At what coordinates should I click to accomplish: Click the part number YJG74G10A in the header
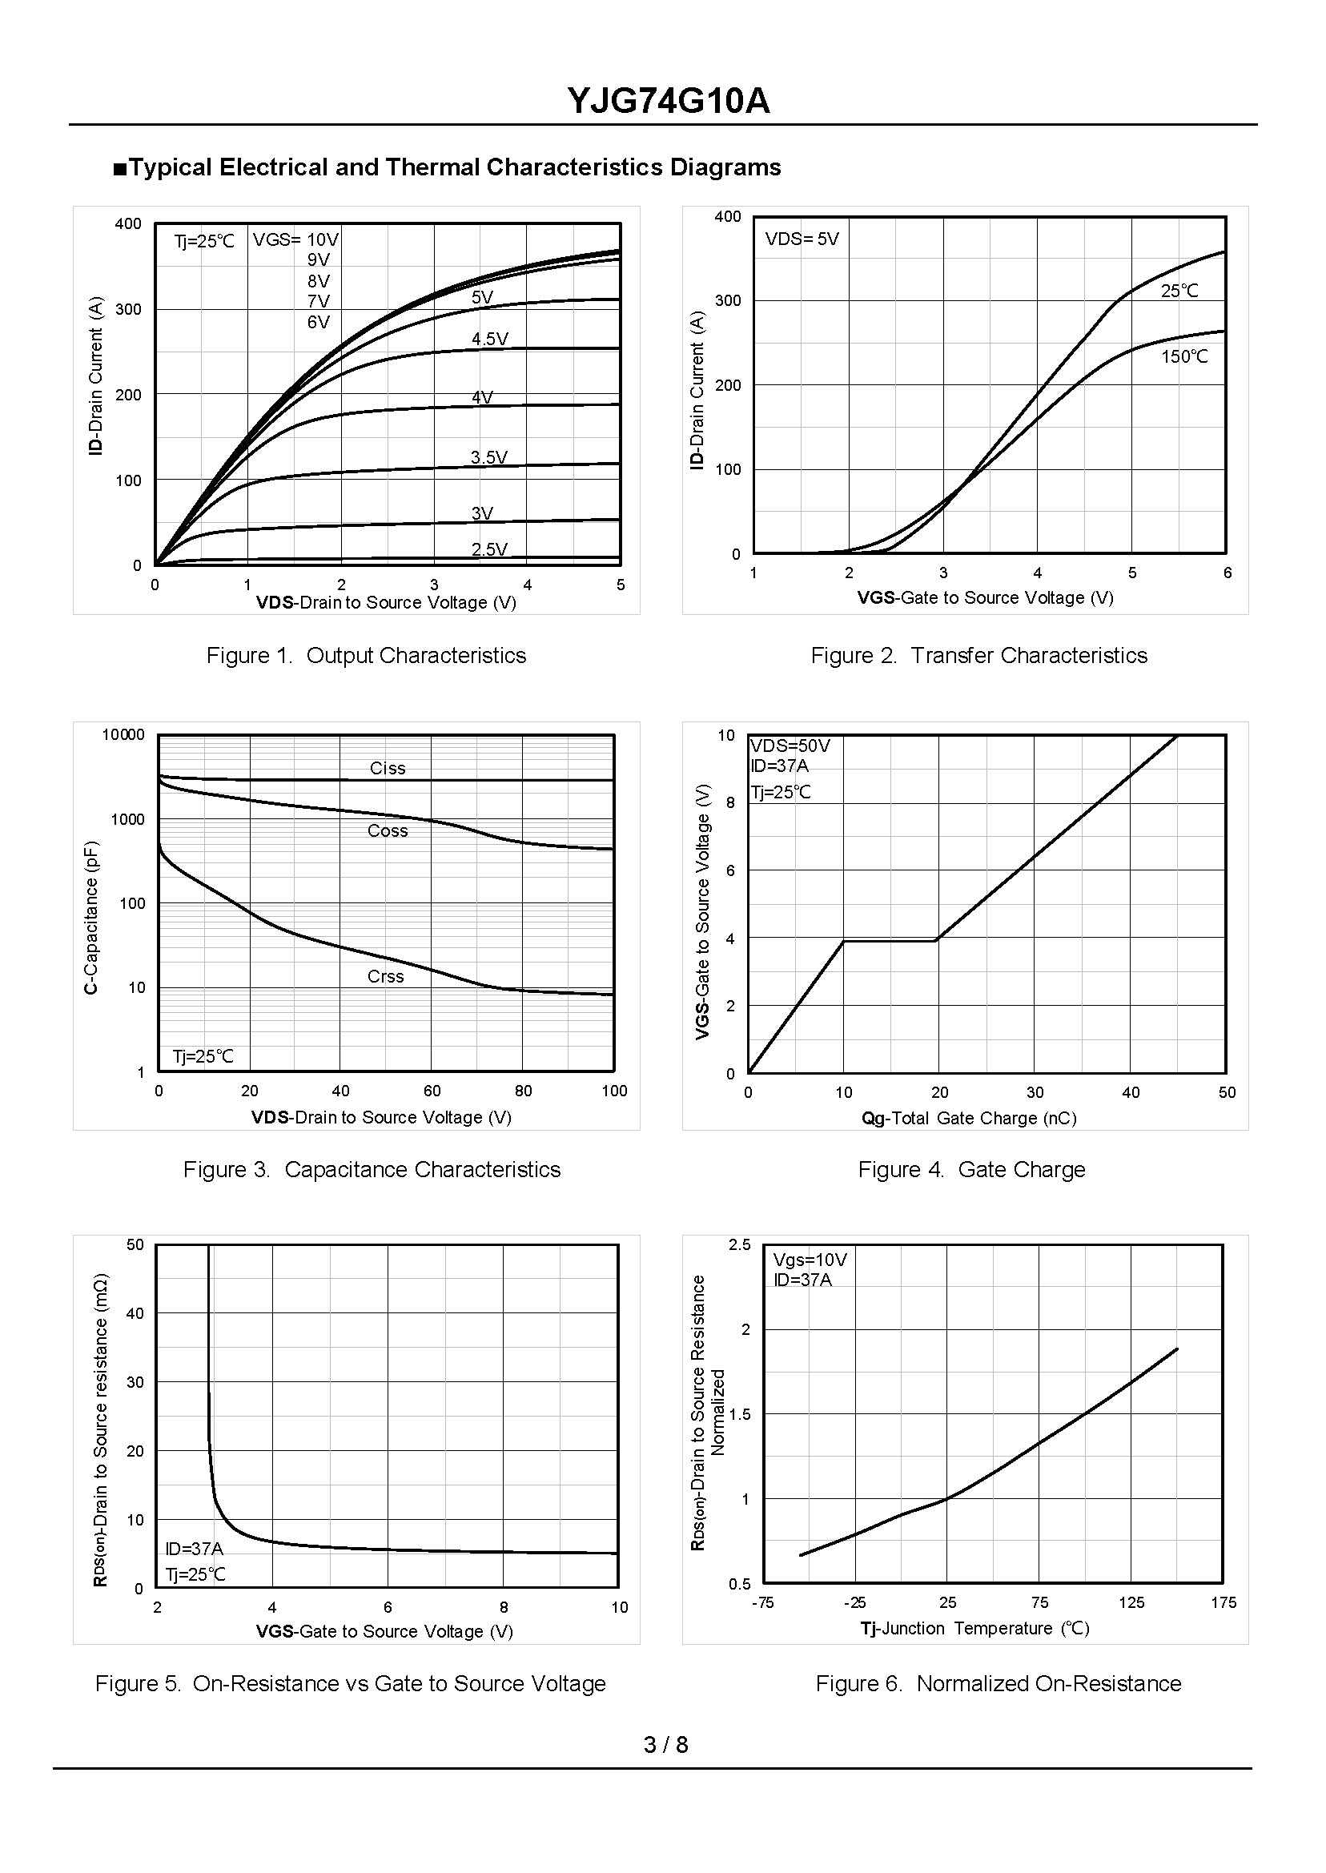coord(668,102)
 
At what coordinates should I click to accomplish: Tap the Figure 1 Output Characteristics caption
coord(366,655)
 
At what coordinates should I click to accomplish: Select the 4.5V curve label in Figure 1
coord(490,339)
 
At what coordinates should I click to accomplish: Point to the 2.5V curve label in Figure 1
coord(489,549)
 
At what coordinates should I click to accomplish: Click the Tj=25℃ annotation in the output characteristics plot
coord(204,241)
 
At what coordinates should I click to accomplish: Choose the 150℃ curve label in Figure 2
coord(1184,356)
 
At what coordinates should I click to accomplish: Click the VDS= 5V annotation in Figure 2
coord(802,239)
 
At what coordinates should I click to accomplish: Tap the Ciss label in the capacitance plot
coord(387,767)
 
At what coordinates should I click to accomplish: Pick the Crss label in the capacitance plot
coord(385,975)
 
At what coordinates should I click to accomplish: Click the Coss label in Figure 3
coord(387,830)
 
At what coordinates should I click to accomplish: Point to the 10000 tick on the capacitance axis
coord(123,734)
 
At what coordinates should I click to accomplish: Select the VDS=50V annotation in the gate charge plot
coord(790,746)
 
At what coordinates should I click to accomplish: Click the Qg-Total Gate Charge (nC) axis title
coord(968,1118)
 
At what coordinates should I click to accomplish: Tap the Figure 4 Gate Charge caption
coord(970,1169)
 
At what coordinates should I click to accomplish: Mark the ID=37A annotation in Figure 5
coord(194,1549)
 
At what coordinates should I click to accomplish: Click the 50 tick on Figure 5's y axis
coord(135,1244)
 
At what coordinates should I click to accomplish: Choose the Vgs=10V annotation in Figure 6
coord(810,1260)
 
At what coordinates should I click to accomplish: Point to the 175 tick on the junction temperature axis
coord(1224,1603)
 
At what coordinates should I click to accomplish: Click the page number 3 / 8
coord(665,1745)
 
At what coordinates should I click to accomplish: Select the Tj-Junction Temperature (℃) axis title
coord(975,1628)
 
